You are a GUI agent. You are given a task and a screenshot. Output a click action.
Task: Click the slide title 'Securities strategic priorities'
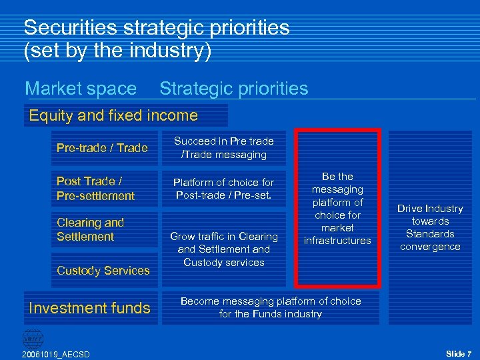[157, 28]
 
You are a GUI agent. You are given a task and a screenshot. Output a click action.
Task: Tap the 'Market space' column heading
[81, 89]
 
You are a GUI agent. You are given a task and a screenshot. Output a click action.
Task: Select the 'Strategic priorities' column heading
[233, 89]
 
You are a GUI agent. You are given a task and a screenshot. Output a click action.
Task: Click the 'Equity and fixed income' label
[113, 115]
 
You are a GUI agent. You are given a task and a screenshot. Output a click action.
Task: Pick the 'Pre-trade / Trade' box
[102, 148]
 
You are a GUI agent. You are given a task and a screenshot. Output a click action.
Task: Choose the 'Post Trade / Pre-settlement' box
[96, 189]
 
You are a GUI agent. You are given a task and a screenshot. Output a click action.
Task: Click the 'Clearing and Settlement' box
[91, 229]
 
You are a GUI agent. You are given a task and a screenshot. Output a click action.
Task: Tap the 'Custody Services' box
[103, 271]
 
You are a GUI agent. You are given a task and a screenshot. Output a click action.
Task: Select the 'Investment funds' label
[90, 308]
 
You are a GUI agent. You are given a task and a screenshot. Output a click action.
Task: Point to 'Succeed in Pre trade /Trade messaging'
[224, 148]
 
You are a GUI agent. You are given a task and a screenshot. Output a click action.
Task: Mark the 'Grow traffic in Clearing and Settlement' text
[224, 243]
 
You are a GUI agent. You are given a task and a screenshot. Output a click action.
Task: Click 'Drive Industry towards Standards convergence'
[430, 227]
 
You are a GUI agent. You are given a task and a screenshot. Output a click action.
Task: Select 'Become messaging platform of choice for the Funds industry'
[271, 307]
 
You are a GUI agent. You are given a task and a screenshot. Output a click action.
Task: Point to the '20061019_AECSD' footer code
[55, 353]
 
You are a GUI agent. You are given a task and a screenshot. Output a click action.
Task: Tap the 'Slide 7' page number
[459, 353]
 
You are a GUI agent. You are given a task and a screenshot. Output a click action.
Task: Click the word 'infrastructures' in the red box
[337, 241]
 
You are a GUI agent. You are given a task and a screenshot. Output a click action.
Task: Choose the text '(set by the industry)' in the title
[117, 51]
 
